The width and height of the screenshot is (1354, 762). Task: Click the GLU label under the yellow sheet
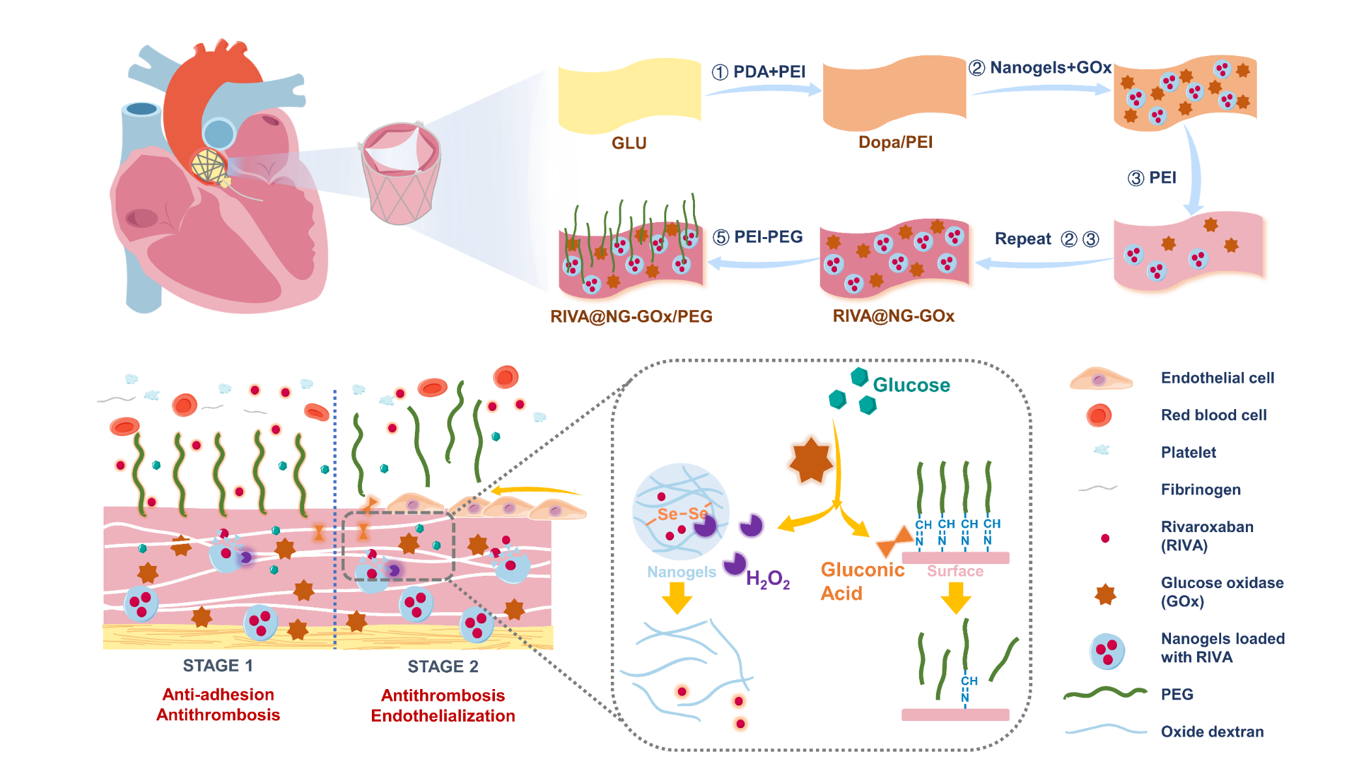[x=628, y=143]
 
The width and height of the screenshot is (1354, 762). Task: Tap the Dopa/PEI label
[x=895, y=142]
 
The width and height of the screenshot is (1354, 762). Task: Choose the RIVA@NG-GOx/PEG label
[x=631, y=317]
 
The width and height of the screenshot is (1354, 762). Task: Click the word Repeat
[x=1023, y=239]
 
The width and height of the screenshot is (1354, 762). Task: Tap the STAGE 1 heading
[x=218, y=666]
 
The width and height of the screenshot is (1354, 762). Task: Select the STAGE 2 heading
[x=443, y=666]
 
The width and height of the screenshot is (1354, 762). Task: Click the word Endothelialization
[x=443, y=716]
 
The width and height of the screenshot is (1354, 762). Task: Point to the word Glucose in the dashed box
[x=911, y=385]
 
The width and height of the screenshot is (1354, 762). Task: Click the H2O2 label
[x=767, y=579]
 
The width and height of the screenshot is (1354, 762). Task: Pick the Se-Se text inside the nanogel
[x=682, y=514]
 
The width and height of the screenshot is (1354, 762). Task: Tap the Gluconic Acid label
[x=861, y=581]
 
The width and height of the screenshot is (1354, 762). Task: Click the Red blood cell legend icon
[x=1099, y=416]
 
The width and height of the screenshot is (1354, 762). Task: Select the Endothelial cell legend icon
[x=1100, y=378]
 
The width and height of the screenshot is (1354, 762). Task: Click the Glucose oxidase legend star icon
[x=1105, y=593]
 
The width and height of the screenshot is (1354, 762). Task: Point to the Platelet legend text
[x=1188, y=453]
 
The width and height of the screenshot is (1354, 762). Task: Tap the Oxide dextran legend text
[x=1212, y=732]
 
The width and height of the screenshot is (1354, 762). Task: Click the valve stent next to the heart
[x=400, y=173]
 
